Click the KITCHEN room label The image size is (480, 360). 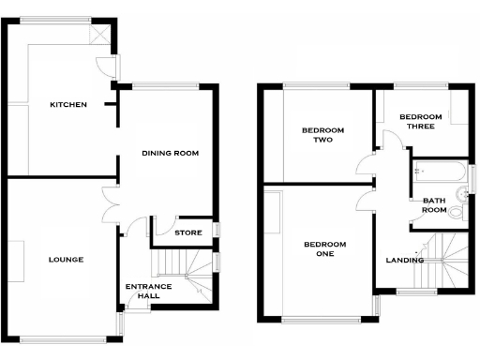click(68, 105)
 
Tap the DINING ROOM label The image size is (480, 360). click(171, 152)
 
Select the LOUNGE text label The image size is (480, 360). click(67, 260)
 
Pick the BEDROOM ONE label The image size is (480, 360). click(324, 248)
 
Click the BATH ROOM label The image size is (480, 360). click(433, 204)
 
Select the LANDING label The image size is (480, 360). click(406, 260)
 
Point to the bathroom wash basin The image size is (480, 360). click(460, 192)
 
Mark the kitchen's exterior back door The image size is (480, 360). click(110, 67)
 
